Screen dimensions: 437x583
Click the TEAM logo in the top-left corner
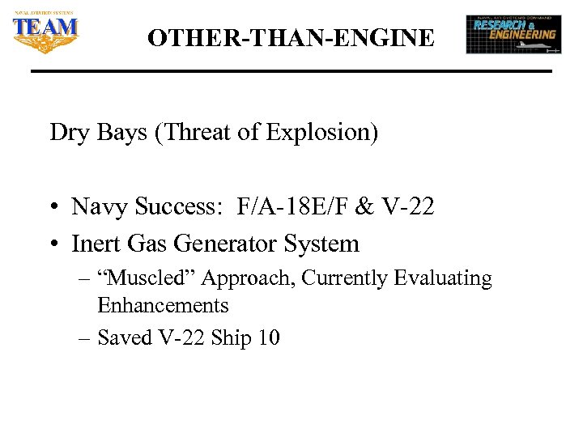click(45, 33)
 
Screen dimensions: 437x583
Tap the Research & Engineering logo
click(513, 34)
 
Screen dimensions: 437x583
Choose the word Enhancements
click(163, 306)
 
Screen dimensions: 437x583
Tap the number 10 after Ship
click(268, 337)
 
